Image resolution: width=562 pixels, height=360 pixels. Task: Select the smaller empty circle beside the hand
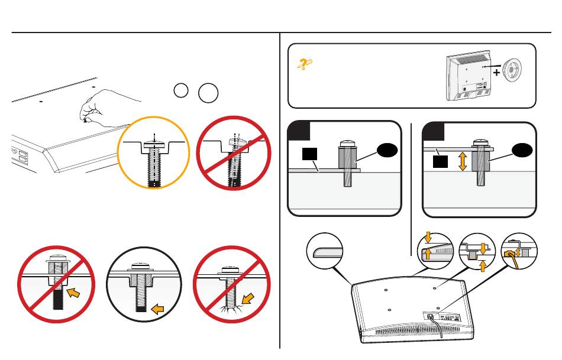pyautogui.click(x=182, y=90)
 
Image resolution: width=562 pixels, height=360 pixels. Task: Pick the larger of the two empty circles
pyautogui.click(x=208, y=93)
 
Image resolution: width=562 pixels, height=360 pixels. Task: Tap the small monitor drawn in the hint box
pyautogui.click(x=470, y=77)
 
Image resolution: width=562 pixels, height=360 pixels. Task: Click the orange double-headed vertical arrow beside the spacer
pyautogui.click(x=463, y=160)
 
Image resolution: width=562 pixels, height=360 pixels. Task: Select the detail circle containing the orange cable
pyautogui.click(x=518, y=254)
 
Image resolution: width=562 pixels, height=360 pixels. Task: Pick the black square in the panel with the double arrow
pyautogui.click(x=439, y=160)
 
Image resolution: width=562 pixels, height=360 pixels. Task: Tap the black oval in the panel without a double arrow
pyautogui.click(x=385, y=152)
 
